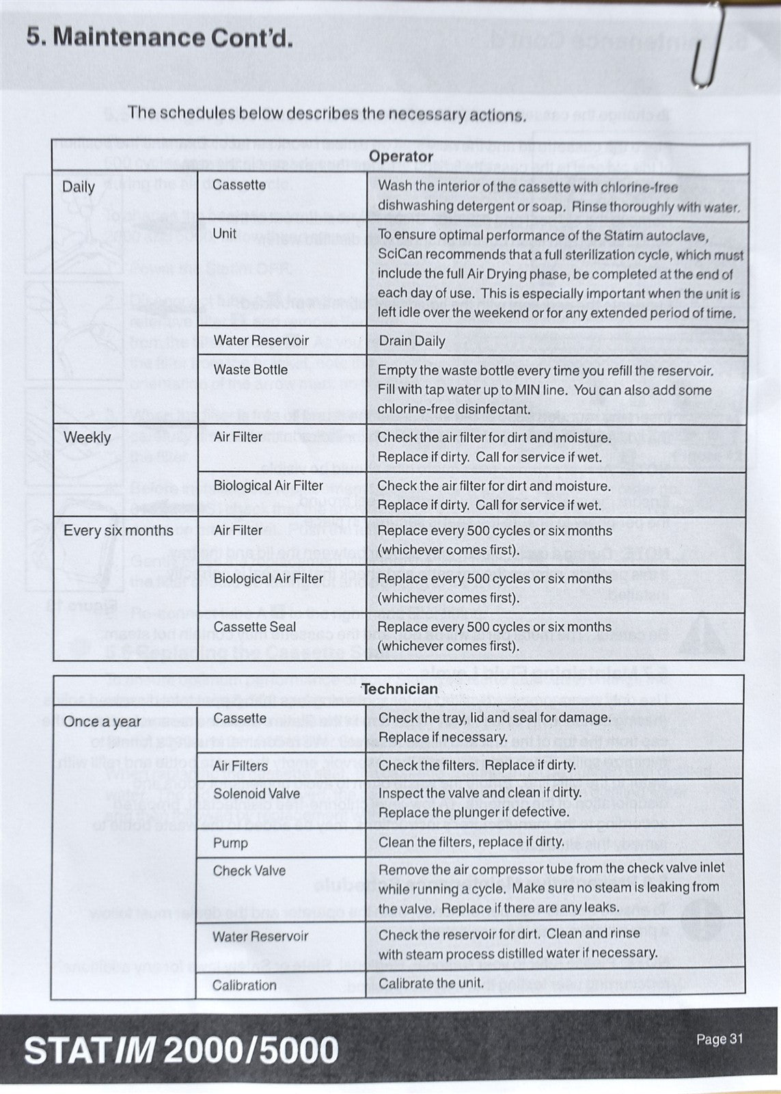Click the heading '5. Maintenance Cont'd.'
160,37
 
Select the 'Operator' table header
401,157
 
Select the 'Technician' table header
400,689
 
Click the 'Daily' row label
79,187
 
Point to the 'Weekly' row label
87,438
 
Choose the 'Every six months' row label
118,531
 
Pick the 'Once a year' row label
102,722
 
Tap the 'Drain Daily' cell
411,341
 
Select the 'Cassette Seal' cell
255,627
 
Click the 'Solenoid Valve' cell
256,794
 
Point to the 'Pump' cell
230,843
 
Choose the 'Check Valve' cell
249,871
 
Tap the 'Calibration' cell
245,985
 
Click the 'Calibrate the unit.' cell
431,984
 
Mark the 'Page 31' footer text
719,1039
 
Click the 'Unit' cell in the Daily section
225,234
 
